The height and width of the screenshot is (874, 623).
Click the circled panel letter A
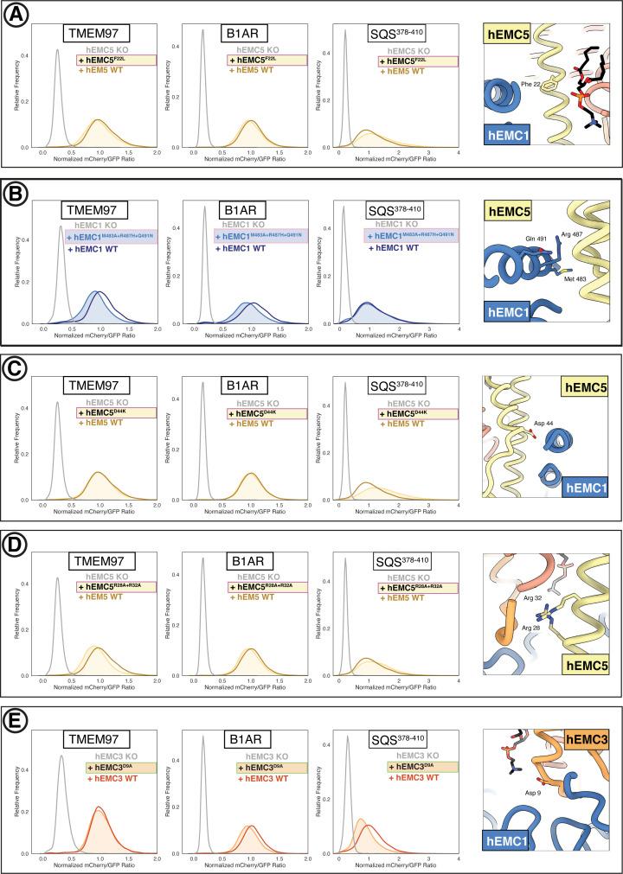tap(17, 17)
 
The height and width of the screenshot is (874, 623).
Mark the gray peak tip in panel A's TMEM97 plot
tap(56, 50)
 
